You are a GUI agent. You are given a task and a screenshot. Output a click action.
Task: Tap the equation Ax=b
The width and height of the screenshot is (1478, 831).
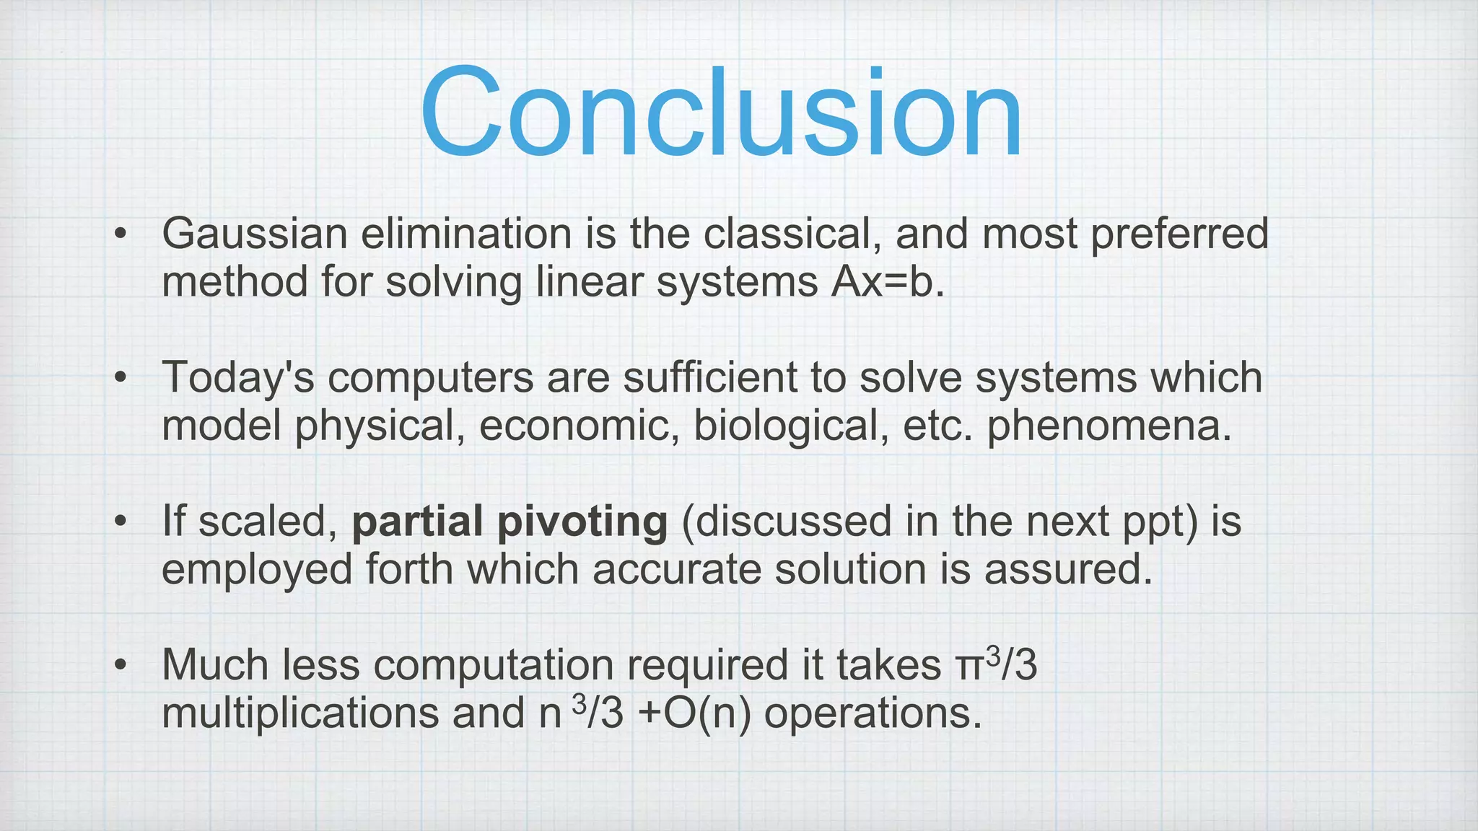pyautogui.click(x=887, y=281)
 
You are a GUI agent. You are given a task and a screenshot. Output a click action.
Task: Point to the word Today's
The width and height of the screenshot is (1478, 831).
pyautogui.click(x=238, y=378)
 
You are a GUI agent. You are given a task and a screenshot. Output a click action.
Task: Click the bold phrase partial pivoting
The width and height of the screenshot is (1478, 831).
pyautogui.click(x=510, y=522)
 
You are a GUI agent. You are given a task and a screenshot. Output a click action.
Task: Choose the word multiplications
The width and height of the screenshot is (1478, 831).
pyautogui.click(x=300, y=713)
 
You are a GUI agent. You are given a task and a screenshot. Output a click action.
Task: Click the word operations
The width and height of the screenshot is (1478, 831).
pyautogui.click(x=873, y=713)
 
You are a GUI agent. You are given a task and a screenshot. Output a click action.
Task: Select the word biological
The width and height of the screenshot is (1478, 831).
pyautogui.click(x=790, y=426)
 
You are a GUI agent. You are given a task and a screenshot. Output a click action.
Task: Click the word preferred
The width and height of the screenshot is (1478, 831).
pyautogui.click(x=1179, y=234)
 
